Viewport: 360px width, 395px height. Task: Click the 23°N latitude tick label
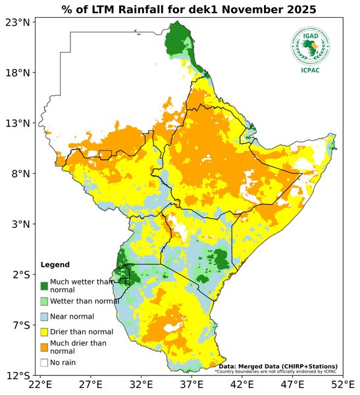[x=19, y=22]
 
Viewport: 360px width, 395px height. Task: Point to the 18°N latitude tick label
[x=19, y=73]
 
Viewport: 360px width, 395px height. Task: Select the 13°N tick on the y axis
[x=19, y=123]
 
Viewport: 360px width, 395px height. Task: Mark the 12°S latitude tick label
[x=19, y=376]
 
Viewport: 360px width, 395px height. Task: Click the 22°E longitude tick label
[x=40, y=384]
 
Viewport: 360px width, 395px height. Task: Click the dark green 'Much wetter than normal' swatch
[x=44, y=286]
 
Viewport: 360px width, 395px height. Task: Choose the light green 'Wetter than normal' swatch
[x=44, y=301]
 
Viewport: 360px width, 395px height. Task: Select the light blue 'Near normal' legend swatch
[x=44, y=317]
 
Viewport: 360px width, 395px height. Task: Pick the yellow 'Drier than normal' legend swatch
[x=44, y=332]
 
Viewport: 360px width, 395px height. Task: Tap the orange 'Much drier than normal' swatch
[x=44, y=347]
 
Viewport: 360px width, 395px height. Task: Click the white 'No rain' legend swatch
[x=44, y=363]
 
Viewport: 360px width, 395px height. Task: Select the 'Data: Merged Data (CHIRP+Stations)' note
[x=278, y=366]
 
